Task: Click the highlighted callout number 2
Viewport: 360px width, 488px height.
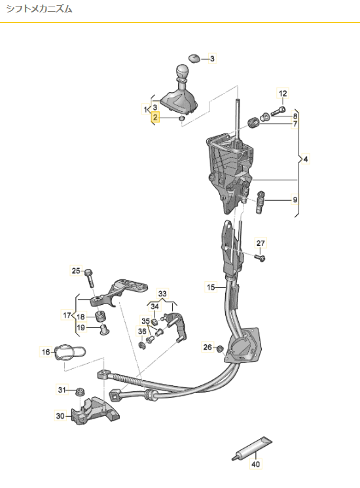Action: [x=155, y=117]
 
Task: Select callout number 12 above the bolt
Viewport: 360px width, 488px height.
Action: [x=283, y=94]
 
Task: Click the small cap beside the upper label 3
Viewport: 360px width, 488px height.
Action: [x=194, y=58]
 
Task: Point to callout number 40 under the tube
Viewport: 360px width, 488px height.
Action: [x=255, y=464]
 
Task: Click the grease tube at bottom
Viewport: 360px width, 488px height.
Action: [x=252, y=448]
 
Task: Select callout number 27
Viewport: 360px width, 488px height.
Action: [x=261, y=243]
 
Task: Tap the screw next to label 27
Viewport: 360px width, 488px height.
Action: [x=260, y=258]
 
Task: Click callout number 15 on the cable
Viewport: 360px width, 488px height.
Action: [x=211, y=287]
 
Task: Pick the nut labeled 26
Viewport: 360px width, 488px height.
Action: [x=220, y=349]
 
